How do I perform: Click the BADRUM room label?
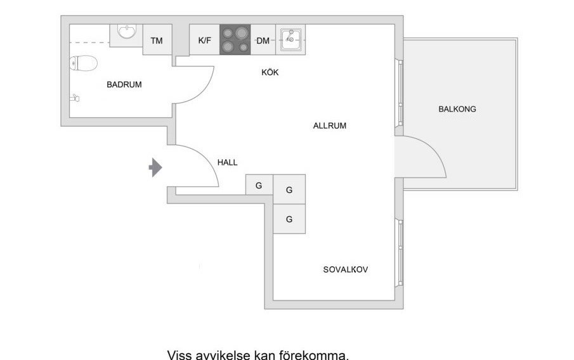click(124, 84)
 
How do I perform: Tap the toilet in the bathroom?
click(83, 63)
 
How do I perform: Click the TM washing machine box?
click(157, 40)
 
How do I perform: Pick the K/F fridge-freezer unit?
click(205, 40)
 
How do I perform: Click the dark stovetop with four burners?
click(235, 40)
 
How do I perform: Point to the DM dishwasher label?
click(263, 41)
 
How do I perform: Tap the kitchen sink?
click(290, 39)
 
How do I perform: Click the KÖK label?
click(270, 72)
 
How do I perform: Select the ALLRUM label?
click(329, 125)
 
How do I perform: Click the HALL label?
click(227, 162)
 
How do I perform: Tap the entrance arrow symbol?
click(155, 167)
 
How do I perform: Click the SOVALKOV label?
click(346, 269)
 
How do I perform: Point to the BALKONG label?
click(457, 109)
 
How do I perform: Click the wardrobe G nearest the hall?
click(259, 185)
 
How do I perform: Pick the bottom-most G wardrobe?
click(289, 219)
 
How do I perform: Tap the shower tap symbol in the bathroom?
click(75, 98)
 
